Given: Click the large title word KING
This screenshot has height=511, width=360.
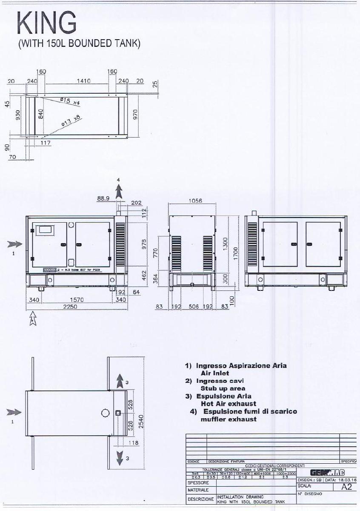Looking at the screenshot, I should tap(47, 23).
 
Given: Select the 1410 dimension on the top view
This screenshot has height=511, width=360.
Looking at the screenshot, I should tap(83, 81).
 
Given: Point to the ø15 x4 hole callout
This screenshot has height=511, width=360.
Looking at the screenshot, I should tap(70, 101).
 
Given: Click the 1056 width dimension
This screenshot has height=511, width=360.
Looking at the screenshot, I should tap(195, 201).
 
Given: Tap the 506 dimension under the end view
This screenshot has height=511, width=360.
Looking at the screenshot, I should tap(194, 307).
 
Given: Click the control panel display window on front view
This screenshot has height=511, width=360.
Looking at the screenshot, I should tap(44, 230).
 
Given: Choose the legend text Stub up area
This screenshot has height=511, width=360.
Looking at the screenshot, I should tap(223, 388).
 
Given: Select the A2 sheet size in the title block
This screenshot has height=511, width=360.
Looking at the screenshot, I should tap(347, 487).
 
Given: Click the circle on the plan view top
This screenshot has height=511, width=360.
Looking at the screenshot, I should tap(106, 413).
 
